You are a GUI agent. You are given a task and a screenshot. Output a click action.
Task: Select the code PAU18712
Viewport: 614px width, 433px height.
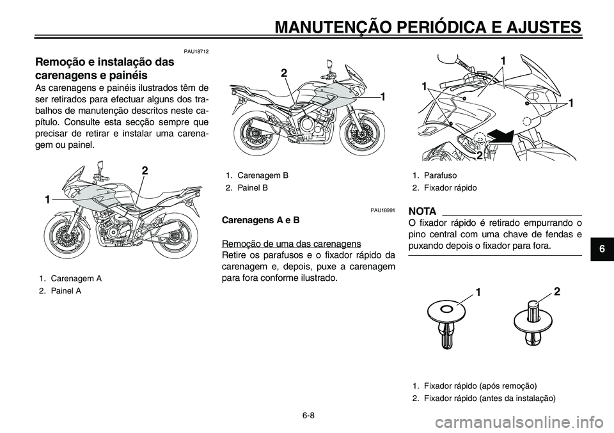point(196,51)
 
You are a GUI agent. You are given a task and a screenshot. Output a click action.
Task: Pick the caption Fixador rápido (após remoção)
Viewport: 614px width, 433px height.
point(474,386)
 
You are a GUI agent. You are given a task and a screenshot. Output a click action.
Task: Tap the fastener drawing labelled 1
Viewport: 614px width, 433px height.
point(446,320)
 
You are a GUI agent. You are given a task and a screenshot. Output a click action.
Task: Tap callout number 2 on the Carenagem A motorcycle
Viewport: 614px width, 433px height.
point(145,171)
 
